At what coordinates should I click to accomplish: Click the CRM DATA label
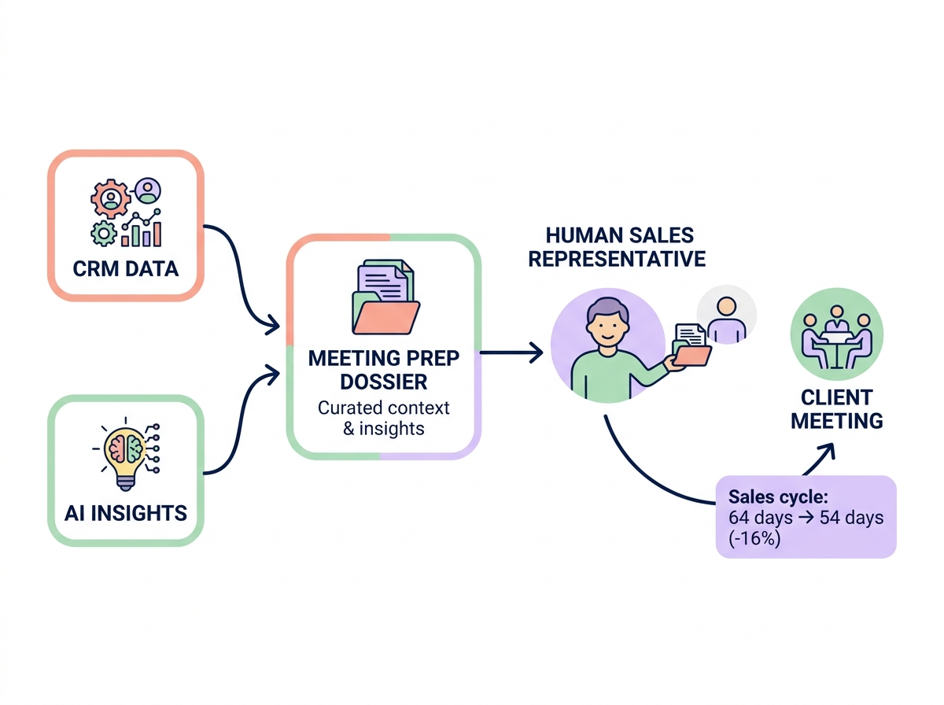(126, 268)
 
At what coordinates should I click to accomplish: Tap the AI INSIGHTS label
(126, 514)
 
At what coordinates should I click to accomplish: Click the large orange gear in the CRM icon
(109, 197)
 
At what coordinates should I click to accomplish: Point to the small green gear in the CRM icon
(102, 232)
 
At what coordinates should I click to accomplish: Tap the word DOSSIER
(383, 382)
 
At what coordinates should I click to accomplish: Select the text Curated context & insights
(383, 418)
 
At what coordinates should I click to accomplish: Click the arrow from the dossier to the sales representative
(511, 353)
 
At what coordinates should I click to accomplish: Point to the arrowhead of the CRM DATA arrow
(273, 324)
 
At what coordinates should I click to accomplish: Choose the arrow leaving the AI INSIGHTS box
(236, 425)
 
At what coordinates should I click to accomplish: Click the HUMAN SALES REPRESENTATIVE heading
(616, 246)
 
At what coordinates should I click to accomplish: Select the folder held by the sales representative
(691, 345)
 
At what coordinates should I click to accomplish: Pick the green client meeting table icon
(836, 334)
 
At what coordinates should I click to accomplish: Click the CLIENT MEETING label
(836, 408)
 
